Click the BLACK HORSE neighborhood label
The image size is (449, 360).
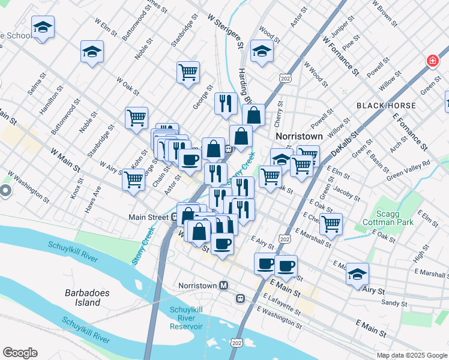(x=385, y=106)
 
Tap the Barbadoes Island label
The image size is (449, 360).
(x=83, y=298)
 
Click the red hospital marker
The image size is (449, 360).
(x=432, y=61)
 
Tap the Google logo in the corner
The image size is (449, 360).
(x=20, y=353)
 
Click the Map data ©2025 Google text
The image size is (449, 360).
(x=411, y=355)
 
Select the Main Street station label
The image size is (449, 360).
(x=148, y=217)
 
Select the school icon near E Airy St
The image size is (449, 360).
(x=357, y=274)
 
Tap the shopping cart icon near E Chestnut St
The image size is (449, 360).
(x=331, y=224)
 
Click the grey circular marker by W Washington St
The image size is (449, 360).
(x=5, y=192)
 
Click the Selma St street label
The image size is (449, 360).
(x=37, y=85)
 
